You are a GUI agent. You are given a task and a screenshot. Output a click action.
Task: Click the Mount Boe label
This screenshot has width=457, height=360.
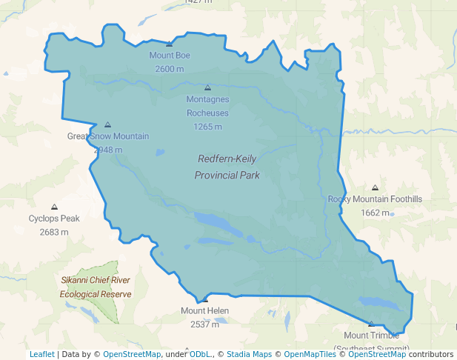click(170, 56)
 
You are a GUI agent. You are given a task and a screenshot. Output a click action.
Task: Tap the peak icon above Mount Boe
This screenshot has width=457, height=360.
click(170, 44)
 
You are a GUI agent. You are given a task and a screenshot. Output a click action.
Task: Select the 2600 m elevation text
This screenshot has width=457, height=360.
click(170, 69)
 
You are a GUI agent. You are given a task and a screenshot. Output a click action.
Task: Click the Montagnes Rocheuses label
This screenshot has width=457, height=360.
click(207, 106)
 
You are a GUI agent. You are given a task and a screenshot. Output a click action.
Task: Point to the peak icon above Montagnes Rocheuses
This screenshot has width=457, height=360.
click(207, 87)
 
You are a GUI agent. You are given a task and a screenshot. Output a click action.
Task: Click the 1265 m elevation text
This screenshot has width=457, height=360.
click(207, 127)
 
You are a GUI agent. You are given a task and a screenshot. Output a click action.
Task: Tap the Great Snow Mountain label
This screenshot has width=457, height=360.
click(108, 136)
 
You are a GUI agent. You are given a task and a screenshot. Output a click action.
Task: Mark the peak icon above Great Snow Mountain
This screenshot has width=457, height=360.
click(108, 125)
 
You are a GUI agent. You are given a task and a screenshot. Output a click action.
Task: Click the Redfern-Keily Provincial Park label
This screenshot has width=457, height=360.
click(227, 167)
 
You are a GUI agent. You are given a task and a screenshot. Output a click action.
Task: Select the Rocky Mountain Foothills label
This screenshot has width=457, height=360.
click(375, 199)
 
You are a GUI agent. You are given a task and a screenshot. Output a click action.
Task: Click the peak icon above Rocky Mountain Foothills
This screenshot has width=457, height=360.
click(375, 188)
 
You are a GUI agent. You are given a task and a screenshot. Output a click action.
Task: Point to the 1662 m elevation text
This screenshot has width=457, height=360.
click(375, 213)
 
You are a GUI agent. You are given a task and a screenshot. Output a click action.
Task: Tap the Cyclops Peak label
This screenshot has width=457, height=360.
click(54, 219)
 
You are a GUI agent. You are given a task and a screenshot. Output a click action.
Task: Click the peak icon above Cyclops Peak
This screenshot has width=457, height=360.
click(54, 207)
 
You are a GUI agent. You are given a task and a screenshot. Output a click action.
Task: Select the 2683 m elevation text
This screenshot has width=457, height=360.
click(54, 232)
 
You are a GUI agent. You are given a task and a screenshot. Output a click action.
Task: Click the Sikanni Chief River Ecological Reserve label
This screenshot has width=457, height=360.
click(96, 287)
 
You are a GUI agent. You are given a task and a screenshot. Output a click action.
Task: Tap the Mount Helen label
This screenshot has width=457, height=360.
click(205, 310)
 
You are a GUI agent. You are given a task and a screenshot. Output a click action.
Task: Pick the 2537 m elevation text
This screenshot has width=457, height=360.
click(205, 324)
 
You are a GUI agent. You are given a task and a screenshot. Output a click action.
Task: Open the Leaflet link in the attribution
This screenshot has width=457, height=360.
click(41, 354)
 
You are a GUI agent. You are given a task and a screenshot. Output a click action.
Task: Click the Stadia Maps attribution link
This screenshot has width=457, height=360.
click(249, 354)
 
